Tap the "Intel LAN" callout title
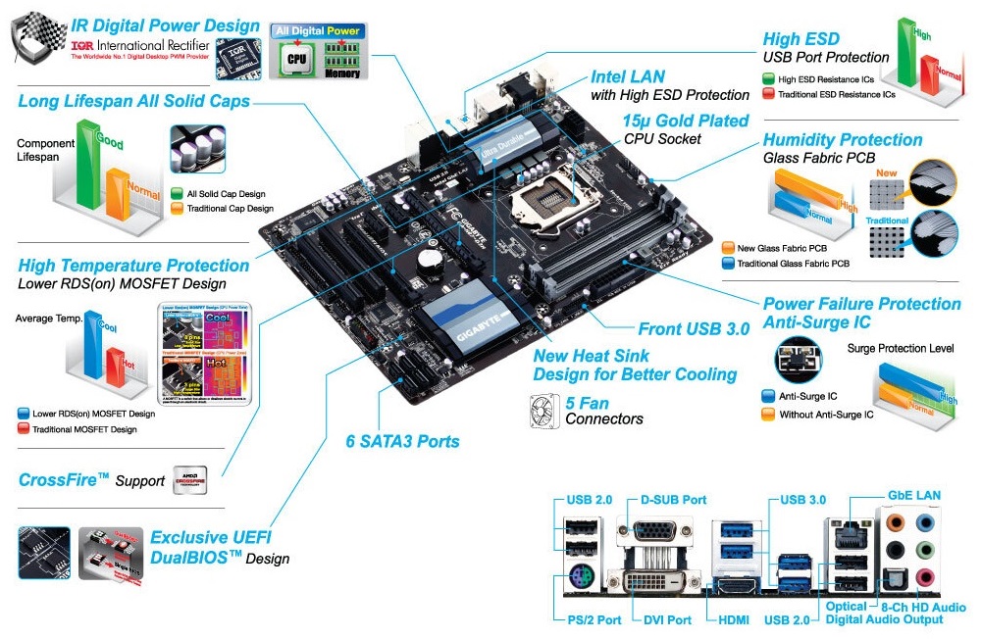coord(627,75)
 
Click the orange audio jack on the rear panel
coord(895,521)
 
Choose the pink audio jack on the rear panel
coord(924,576)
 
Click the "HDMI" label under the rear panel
coord(733,619)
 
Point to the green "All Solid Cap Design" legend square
coord(177,194)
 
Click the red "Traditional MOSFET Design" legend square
coord(24,429)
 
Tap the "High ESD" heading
coord(801,39)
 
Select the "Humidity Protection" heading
coord(843,139)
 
